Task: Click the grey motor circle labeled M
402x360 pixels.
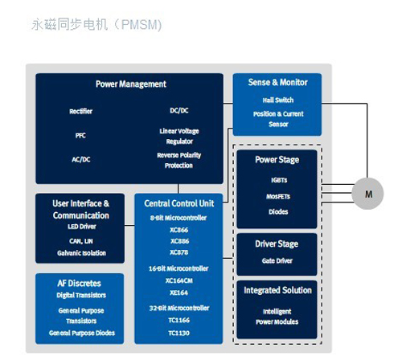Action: pos(367,194)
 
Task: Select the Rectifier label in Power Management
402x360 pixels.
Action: pos(80,111)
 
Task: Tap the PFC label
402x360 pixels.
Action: pos(80,135)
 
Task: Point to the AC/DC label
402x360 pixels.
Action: pos(81,159)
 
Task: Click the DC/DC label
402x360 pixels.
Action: pos(179,110)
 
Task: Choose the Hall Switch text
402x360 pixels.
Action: pos(278,100)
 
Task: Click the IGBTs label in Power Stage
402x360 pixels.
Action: pos(279,180)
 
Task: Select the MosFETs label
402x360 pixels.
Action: pos(278,196)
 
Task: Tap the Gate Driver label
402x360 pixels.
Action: pos(277,260)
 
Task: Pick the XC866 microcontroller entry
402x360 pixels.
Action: pos(179,230)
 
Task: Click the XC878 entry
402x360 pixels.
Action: pos(179,252)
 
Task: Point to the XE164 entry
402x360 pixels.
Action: pos(178,292)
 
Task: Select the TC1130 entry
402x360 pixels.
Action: pos(178,333)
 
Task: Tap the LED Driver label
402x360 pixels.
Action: pos(82,227)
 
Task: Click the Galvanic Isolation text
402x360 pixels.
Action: pos(81,253)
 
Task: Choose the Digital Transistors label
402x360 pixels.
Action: pos(81,295)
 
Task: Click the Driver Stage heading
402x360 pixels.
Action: pos(277,244)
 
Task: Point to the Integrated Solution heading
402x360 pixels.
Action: pos(277,290)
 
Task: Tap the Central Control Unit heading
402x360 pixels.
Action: pos(179,203)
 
